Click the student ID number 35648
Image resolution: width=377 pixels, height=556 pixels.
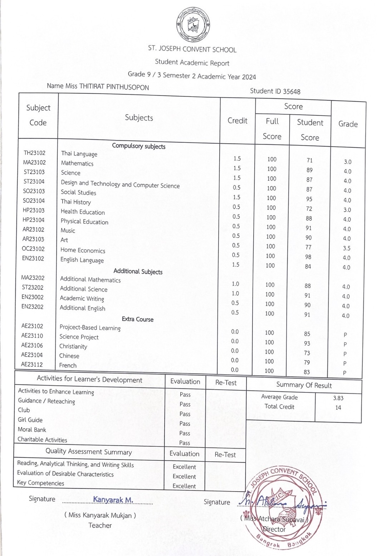[x=292, y=91]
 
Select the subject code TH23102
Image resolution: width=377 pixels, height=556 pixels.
[x=34, y=153]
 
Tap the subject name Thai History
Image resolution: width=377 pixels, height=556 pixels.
[x=75, y=202]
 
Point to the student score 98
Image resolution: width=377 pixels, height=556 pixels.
[x=308, y=257]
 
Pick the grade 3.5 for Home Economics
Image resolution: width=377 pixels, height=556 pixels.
[x=346, y=248]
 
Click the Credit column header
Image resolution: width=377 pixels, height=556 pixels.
[x=237, y=121]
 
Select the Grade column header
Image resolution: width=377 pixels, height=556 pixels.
[x=348, y=124]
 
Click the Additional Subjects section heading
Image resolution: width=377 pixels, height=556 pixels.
[x=138, y=271]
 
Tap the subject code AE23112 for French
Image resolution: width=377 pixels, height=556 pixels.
[x=32, y=364]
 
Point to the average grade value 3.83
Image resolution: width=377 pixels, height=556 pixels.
[x=338, y=398]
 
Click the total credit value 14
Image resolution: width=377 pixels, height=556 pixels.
[x=338, y=407]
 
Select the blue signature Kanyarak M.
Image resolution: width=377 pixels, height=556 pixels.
[x=113, y=499]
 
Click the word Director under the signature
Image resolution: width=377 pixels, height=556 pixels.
[x=274, y=529]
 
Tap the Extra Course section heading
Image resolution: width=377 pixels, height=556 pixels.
[x=137, y=319]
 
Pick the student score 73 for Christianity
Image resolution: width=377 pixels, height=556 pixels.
[x=307, y=353]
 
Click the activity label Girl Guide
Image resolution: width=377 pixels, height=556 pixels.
[x=30, y=420]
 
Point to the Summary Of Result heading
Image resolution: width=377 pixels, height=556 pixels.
[x=304, y=385]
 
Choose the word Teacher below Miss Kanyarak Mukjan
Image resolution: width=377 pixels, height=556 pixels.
[x=100, y=525]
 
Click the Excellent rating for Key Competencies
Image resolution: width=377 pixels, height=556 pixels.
[x=184, y=486]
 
